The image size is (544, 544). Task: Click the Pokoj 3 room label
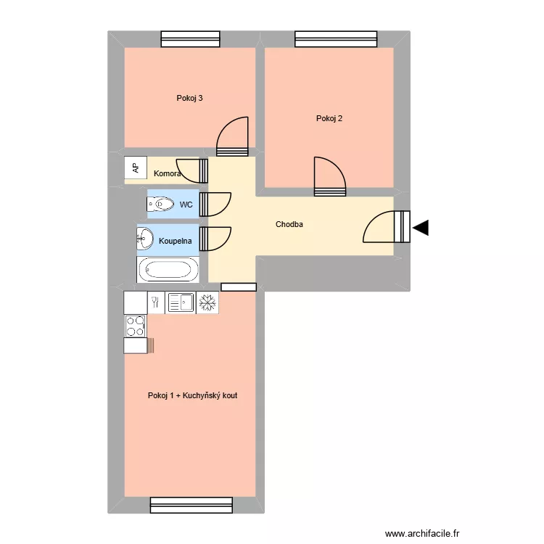pos(189,99)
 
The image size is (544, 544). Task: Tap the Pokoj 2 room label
pos(329,119)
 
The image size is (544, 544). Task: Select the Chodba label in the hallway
pos(289,225)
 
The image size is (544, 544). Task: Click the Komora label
pos(167,174)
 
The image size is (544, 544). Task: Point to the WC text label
pos(186,205)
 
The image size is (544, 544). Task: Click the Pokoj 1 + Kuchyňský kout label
pos(192,396)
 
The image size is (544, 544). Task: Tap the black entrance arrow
pos(421,228)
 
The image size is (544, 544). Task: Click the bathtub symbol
pos(168,271)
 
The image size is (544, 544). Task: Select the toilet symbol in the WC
pos(160,205)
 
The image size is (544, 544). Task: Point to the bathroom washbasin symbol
pos(145,237)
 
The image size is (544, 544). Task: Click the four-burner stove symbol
pos(135,326)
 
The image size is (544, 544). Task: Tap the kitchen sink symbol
pos(181,302)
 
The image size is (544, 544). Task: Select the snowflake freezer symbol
pos(208,302)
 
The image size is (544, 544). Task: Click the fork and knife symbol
pos(155,302)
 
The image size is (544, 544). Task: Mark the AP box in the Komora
pos(136,168)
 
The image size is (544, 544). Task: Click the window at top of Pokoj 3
pos(190,38)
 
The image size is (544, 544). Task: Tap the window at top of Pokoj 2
pos(336,38)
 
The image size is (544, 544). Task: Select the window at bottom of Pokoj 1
pos(191,505)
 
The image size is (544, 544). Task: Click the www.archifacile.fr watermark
pos(422,532)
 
